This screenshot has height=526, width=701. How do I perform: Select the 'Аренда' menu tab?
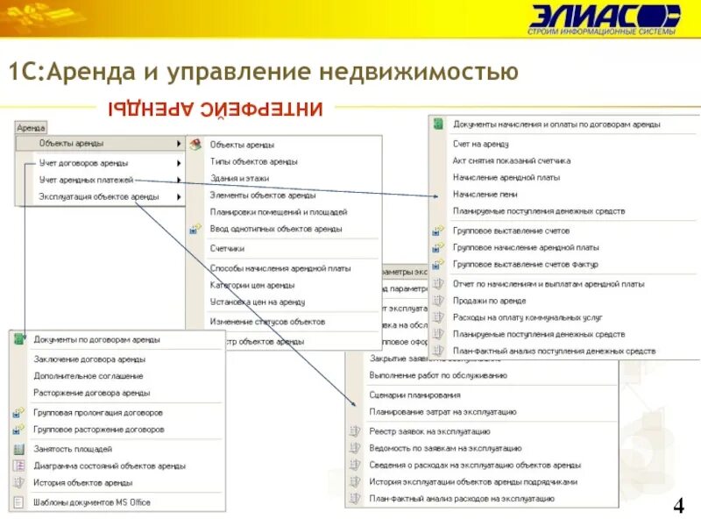tap(31, 127)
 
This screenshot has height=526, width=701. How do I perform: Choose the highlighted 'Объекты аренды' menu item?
tap(71, 144)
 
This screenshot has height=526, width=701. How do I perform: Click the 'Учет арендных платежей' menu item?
tap(84, 180)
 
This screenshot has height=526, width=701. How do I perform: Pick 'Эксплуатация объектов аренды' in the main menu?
tap(99, 197)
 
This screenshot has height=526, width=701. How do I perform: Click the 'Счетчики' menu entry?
tap(227, 248)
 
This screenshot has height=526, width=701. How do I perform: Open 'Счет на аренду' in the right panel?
tap(481, 143)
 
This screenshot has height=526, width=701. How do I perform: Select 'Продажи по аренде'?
tap(489, 301)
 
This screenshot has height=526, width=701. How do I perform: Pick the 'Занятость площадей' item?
tap(73, 448)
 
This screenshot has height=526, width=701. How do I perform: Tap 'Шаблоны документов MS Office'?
tap(92, 502)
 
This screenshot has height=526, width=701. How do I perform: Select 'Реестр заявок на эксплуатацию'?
tap(429, 431)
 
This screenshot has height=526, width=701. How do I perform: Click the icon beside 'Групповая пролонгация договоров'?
tap(19, 412)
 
